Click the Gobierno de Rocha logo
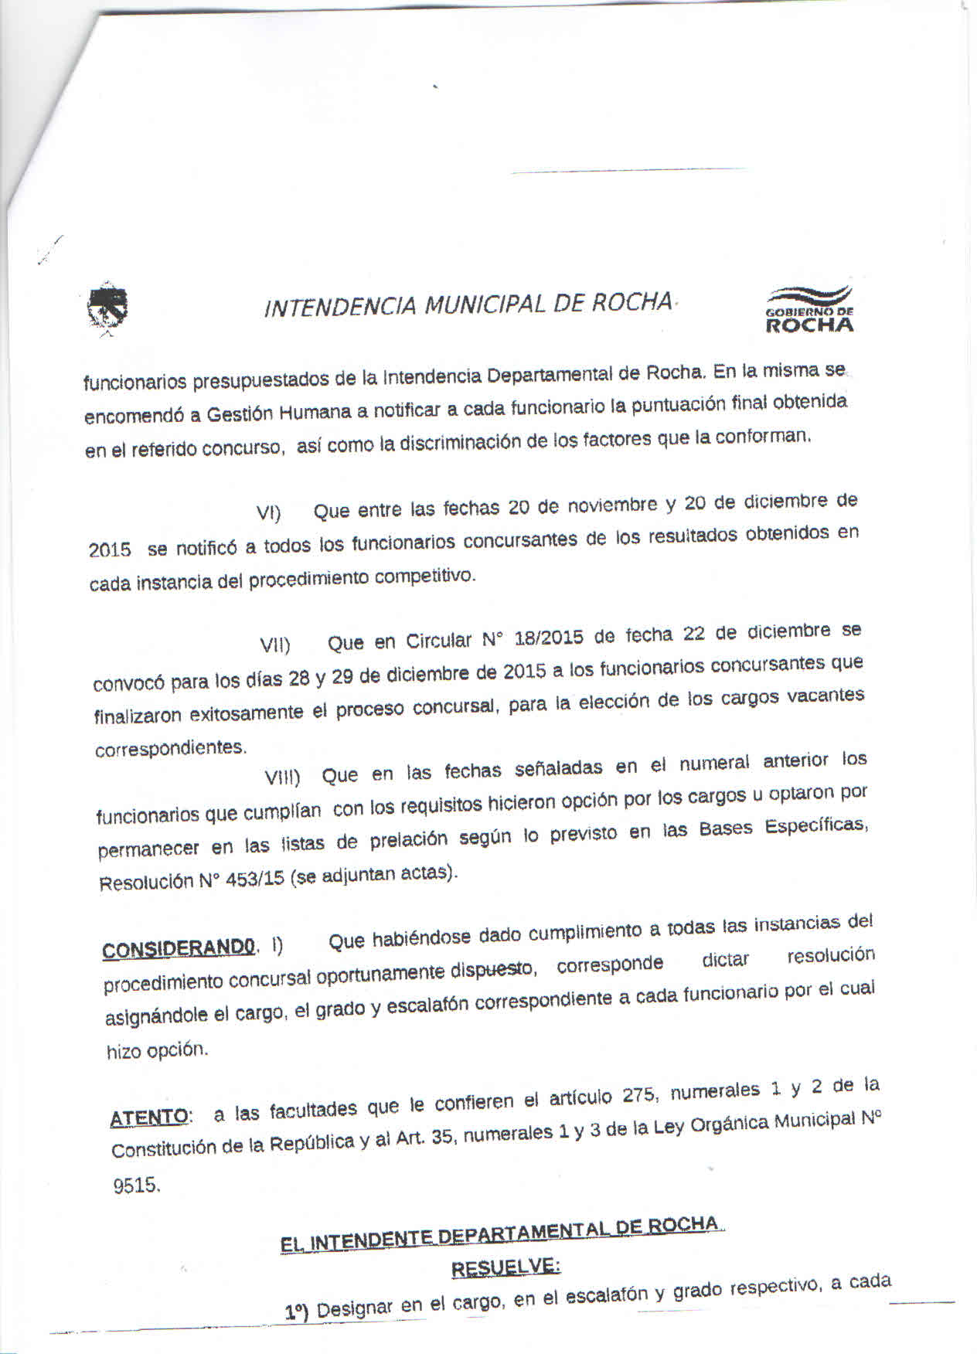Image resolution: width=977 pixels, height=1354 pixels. (809, 310)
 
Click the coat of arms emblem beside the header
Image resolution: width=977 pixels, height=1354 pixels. (107, 311)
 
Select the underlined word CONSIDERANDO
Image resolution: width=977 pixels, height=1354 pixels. (179, 948)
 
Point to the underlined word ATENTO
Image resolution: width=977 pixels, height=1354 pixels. (149, 1118)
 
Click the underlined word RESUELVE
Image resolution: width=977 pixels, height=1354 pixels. (506, 1268)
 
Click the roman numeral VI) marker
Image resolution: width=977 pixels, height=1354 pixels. (268, 514)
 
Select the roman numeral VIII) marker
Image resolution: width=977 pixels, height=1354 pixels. (282, 777)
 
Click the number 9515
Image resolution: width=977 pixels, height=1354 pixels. (137, 1186)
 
